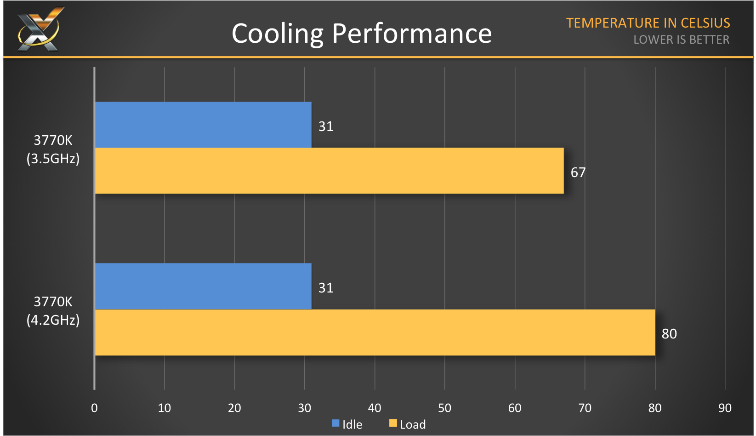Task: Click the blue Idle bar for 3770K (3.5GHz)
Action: coord(203,125)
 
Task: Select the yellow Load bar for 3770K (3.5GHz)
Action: coord(329,171)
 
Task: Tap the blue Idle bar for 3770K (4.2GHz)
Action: coord(203,286)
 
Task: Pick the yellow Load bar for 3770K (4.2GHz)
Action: coord(375,333)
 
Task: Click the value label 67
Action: coord(578,172)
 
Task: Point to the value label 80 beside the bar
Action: coord(669,334)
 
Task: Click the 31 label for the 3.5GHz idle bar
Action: coord(326,126)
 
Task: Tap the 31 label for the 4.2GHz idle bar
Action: coord(326,288)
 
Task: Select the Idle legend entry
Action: coord(347,424)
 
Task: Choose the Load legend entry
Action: coord(408,424)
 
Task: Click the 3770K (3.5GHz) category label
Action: coord(53,149)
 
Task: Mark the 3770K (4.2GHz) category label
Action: coord(53,311)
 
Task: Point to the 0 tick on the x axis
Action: coord(94,408)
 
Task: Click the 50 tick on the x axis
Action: coord(444,408)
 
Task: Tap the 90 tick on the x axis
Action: coord(725,408)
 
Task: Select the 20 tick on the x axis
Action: coord(234,408)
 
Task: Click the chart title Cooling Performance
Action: coord(362,34)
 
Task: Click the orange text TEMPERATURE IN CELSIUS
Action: coord(648,23)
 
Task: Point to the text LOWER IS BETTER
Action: coord(681,40)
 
